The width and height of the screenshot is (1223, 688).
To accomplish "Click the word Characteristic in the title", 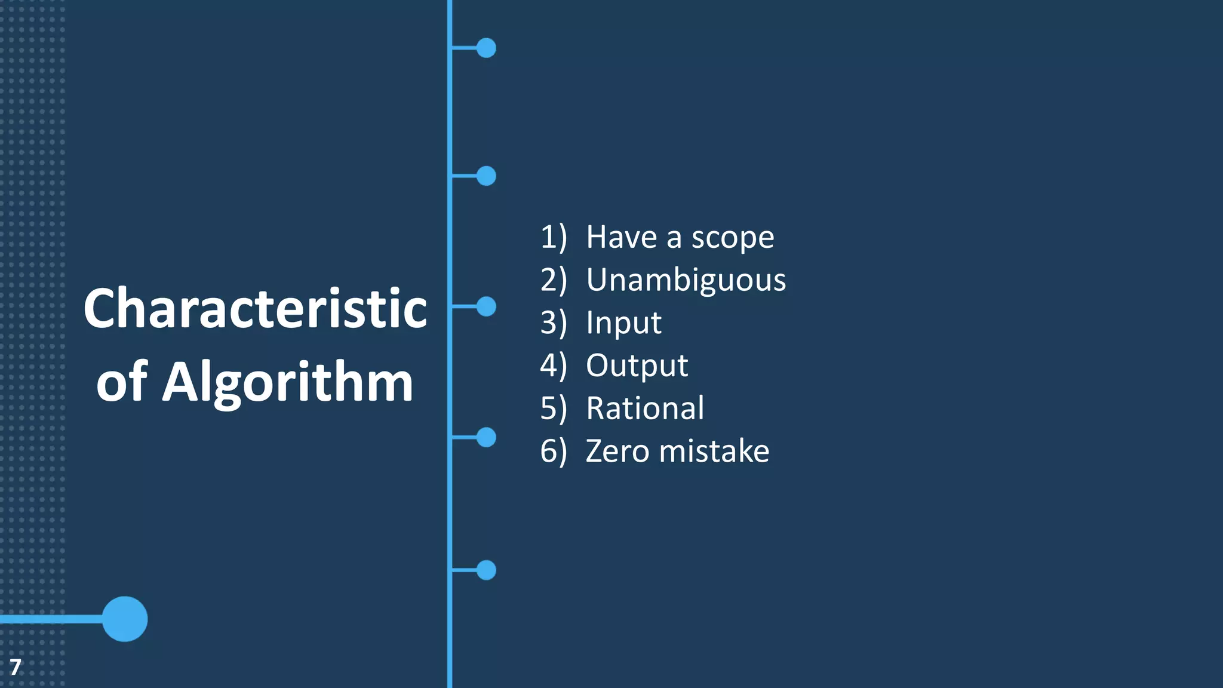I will (255, 309).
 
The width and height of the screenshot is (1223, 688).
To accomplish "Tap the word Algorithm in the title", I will (288, 382).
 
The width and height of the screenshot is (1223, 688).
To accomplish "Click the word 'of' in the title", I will (122, 382).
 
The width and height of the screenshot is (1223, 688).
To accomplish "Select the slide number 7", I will (16, 666).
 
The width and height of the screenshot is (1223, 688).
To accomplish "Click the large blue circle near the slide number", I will (125, 619).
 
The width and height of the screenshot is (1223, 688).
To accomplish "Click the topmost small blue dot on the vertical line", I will (486, 48).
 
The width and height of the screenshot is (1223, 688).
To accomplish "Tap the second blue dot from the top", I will (486, 176).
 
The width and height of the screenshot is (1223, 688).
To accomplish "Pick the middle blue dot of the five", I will (486, 306).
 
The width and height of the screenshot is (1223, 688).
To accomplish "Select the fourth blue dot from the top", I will (486, 437).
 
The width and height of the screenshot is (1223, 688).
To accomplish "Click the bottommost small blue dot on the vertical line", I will (486, 570).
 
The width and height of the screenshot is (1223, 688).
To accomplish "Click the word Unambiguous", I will (686, 280).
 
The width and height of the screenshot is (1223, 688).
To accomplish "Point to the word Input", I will (623, 323).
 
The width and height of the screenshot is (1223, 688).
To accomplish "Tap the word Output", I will (637, 365).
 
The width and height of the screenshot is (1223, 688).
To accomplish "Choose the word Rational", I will (645, 408).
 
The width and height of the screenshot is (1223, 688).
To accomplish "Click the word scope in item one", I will (732, 238).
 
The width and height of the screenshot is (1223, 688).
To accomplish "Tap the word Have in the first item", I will (622, 237).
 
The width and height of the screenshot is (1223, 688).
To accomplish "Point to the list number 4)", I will (553, 365).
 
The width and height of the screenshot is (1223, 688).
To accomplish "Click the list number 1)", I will (553, 237).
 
